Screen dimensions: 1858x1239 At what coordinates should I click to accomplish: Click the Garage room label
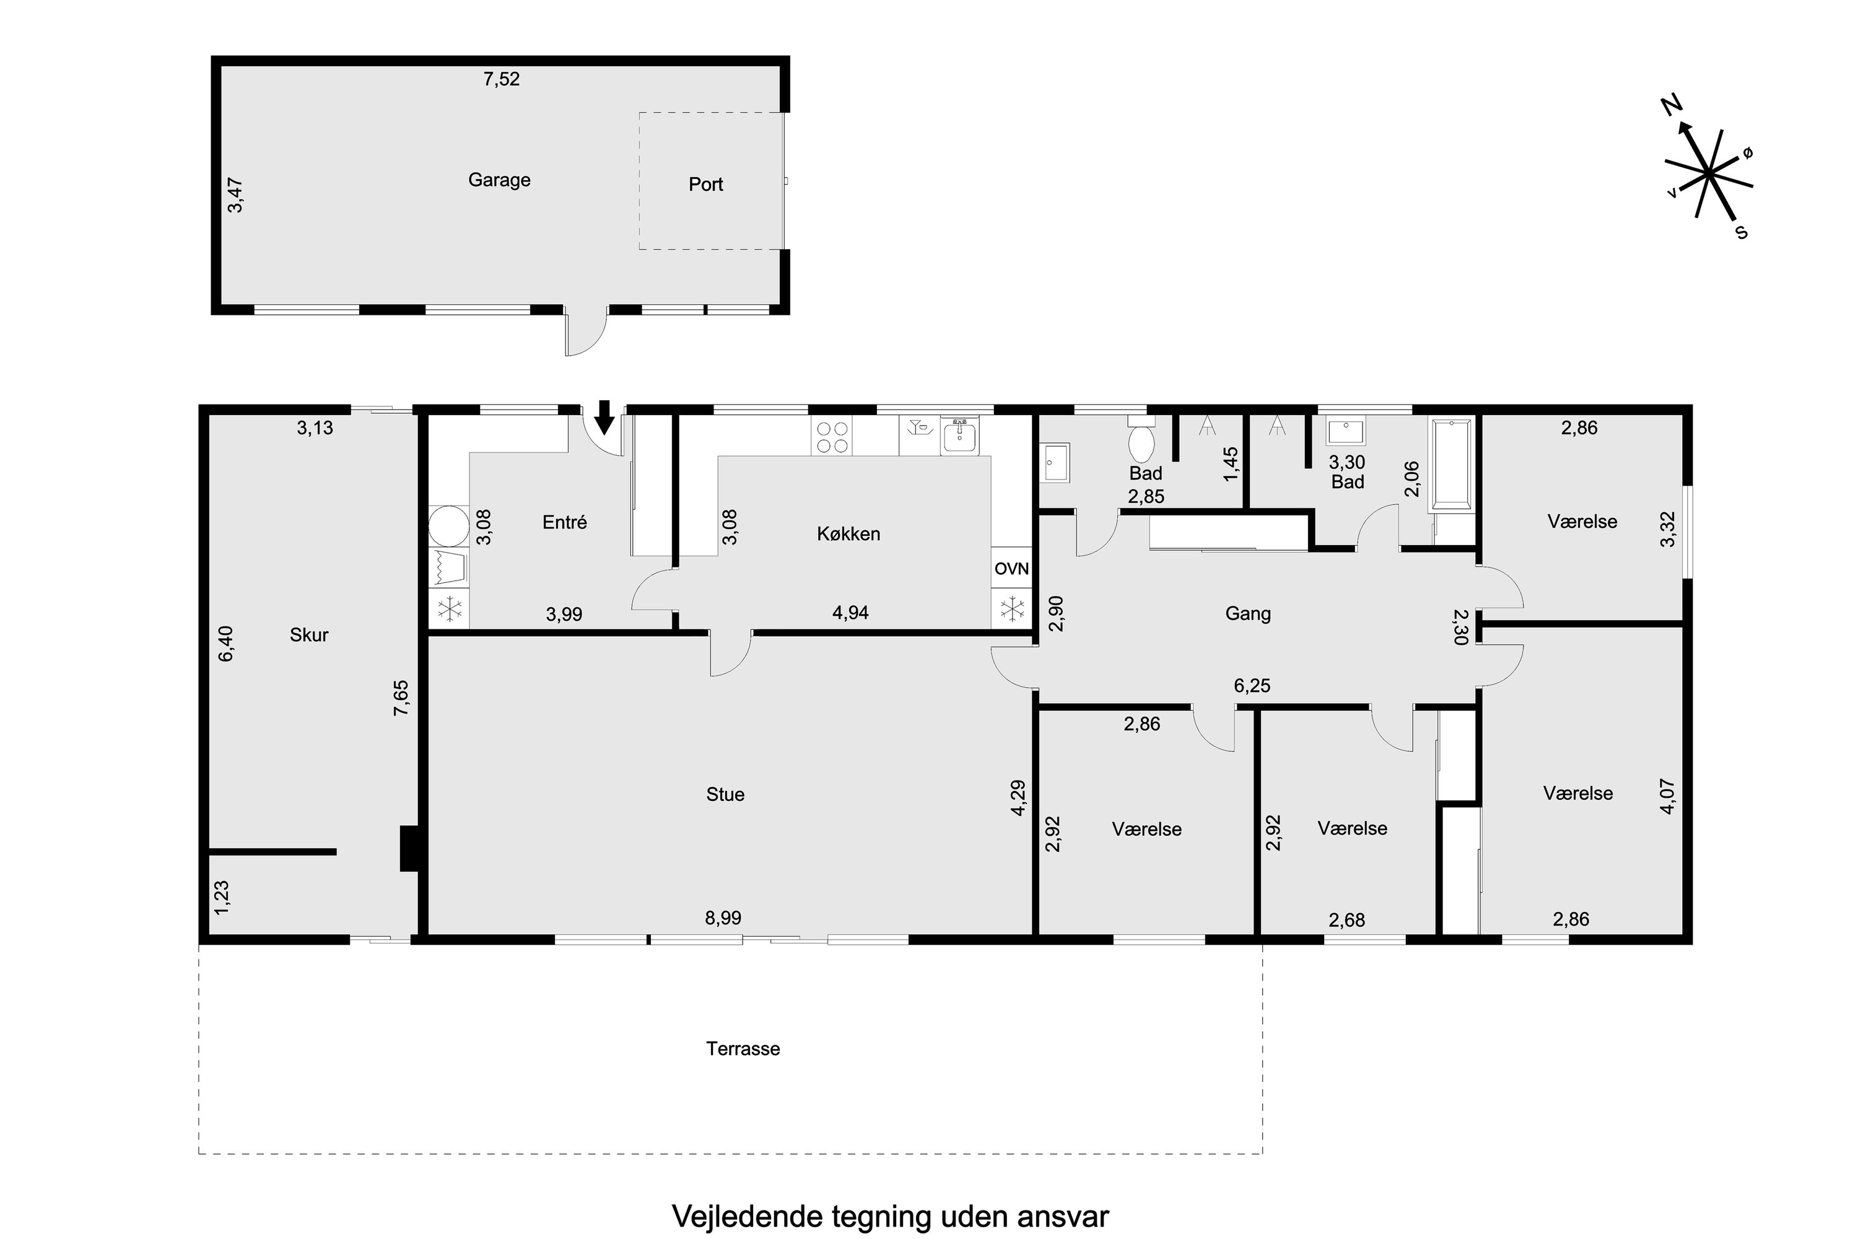499,180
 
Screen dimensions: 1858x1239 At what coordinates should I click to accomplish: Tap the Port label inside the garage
705,184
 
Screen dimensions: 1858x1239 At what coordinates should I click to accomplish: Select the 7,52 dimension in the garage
502,79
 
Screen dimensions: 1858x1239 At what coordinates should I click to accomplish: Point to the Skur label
309,634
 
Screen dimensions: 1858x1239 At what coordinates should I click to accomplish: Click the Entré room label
565,522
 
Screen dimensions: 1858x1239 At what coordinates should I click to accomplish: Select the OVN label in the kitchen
1011,568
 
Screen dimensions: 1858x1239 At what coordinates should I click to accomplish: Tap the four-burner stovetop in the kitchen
832,437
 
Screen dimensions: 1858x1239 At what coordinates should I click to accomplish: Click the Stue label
725,794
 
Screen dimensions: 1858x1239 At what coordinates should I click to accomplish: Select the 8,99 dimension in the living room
723,917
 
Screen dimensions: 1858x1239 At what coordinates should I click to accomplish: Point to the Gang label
1248,613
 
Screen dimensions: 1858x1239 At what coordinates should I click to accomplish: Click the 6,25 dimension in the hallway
1252,685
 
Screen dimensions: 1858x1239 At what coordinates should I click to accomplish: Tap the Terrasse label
743,1049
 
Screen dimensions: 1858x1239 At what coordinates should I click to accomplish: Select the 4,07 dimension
1667,797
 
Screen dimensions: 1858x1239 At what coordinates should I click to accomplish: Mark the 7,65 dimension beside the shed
401,698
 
